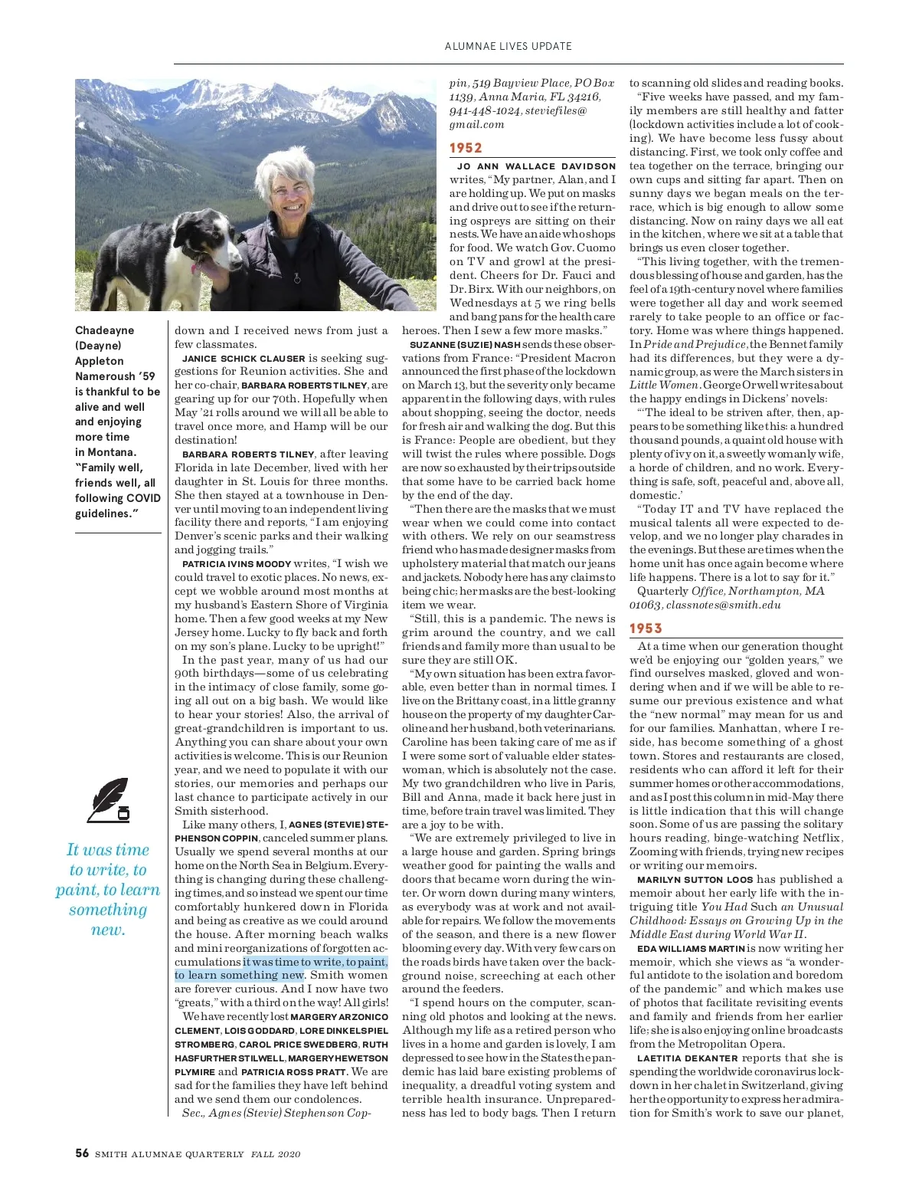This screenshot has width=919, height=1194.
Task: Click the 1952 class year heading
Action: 466,148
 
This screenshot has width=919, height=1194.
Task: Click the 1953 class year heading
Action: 646,628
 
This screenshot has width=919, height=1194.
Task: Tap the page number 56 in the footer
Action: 82,1153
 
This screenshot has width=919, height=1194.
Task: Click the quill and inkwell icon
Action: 108,800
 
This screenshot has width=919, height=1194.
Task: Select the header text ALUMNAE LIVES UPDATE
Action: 508,46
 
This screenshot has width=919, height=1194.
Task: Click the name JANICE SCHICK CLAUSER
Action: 244,358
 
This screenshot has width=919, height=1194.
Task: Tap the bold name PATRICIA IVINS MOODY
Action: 237,564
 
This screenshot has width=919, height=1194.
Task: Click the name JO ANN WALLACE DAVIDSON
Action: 536,166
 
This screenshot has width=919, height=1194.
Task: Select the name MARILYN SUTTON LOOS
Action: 695,880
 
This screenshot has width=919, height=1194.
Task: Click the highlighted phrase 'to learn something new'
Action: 239,976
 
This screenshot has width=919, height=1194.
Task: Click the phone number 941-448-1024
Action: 484,110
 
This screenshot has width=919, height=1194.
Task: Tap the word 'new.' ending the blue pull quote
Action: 108,930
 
